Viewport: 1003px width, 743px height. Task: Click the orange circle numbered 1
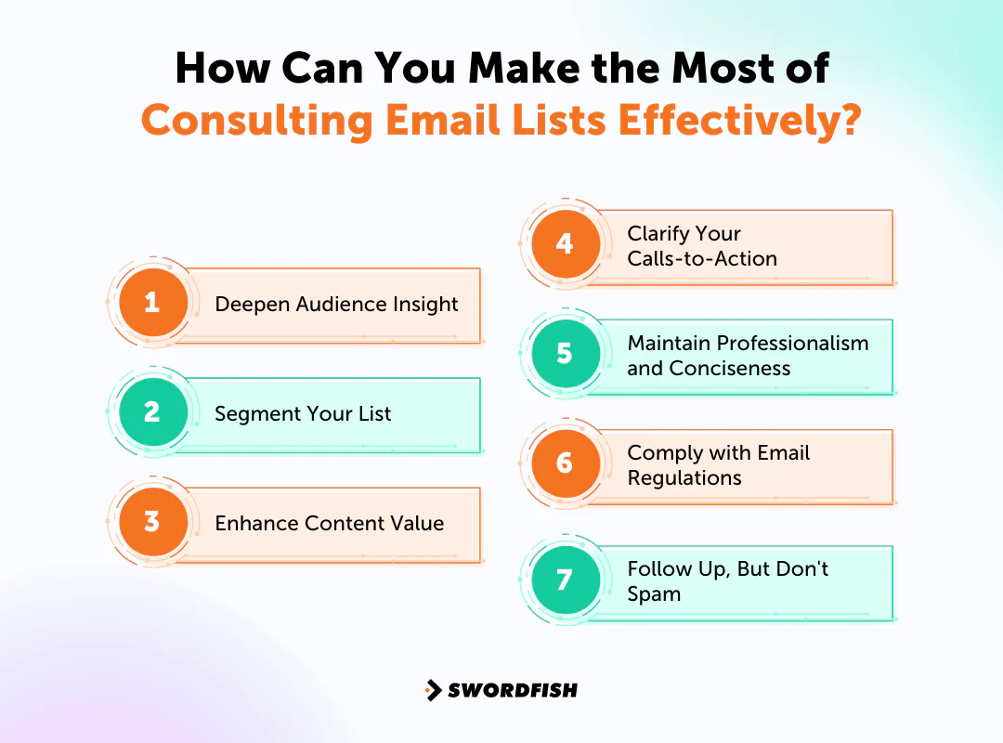[x=152, y=303]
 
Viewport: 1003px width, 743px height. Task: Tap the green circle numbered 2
[x=152, y=412]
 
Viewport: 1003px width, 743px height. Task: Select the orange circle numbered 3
[x=152, y=522]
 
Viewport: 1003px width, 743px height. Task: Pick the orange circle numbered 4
[x=565, y=244]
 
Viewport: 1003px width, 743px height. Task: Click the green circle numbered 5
[x=565, y=354]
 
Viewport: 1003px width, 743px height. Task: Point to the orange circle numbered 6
[x=565, y=463]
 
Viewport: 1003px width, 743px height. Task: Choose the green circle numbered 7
[x=565, y=580]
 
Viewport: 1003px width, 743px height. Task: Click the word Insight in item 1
[x=424, y=305]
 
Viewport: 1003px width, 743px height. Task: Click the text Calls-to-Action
[x=702, y=259]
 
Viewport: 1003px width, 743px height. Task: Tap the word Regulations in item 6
[x=684, y=478]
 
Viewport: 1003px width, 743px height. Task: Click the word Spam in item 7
[x=654, y=594]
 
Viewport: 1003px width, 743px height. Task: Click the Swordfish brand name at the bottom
[x=513, y=690]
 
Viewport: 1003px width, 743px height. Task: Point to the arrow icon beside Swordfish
[x=433, y=690]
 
